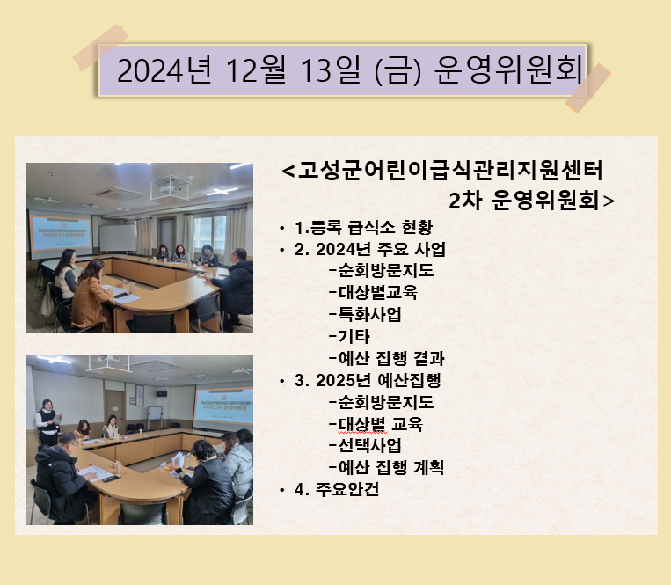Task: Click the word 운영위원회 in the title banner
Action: [x=509, y=69]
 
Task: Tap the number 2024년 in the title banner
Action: [x=164, y=70]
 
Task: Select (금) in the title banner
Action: [x=398, y=70]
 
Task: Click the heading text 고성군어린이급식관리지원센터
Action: [x=449, y=171]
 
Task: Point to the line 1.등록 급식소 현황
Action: [x=364, y=227]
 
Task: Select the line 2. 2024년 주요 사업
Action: [x=370, y=249]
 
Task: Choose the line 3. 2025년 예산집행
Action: [x=368, y=380]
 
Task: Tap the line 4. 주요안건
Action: [x=337, y=489]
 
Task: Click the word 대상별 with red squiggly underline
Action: [x=362, y=424]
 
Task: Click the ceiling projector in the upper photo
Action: [x=171, y=188]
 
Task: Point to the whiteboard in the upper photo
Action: [x=118, y=238]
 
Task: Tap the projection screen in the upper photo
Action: [x=60, y=234]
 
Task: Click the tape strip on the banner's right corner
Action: [x=588, y=88]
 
